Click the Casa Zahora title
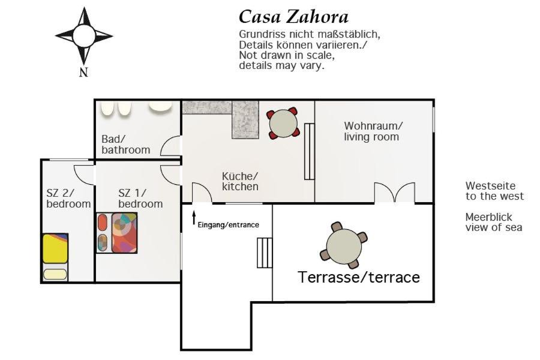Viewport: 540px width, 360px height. pos(293,17)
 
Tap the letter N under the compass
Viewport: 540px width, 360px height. pos(83,72)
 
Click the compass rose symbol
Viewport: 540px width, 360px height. pos(83,35)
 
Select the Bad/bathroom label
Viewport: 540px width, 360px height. pos(126,145)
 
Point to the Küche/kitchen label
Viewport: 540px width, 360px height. pos(240,181)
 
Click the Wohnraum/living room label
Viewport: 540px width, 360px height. pos(372,131)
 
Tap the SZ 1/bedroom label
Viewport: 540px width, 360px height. pos(140,199)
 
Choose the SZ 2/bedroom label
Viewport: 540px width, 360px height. pos(68,199)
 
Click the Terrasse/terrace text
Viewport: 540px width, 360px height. pos(359,277)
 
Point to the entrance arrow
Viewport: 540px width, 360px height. pos(194,218)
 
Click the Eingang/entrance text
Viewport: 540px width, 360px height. pos(229,225)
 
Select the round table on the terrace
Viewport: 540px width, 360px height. pos(344,245)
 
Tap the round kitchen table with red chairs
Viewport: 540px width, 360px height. pos(283,124)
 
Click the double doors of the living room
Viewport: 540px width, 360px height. pos(395,193)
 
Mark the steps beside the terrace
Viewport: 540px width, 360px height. pos(265,253)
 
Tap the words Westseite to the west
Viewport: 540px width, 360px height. pos(494,191)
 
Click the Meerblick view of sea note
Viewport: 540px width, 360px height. pos(494,222)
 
